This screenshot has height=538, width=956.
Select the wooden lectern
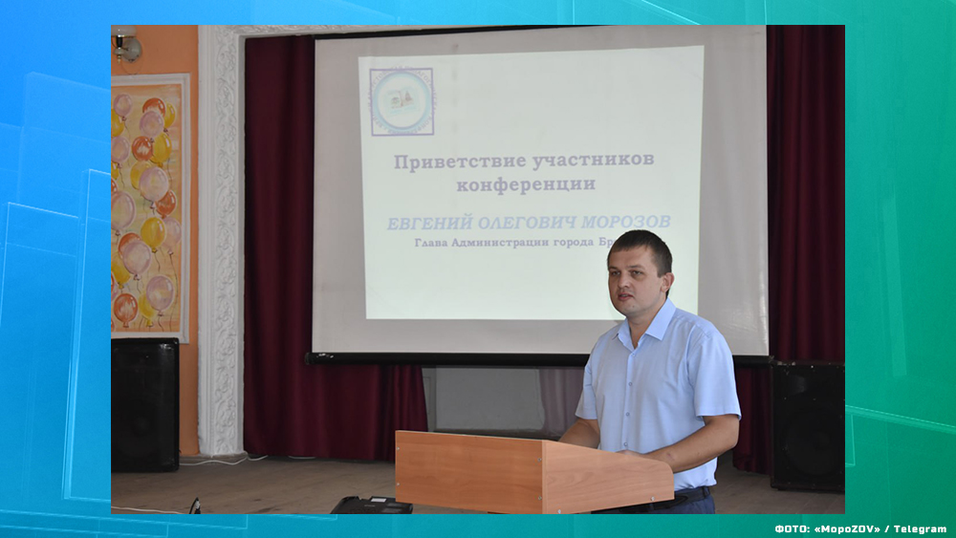click(532, 470)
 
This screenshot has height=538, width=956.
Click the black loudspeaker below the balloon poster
click(144, 404)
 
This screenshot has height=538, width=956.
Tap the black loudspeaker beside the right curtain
click(807, 425)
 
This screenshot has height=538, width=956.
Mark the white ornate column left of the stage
click(221, 239)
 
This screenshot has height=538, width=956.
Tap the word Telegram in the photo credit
click(923, 528)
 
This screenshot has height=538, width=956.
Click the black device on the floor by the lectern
click(372, 505)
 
